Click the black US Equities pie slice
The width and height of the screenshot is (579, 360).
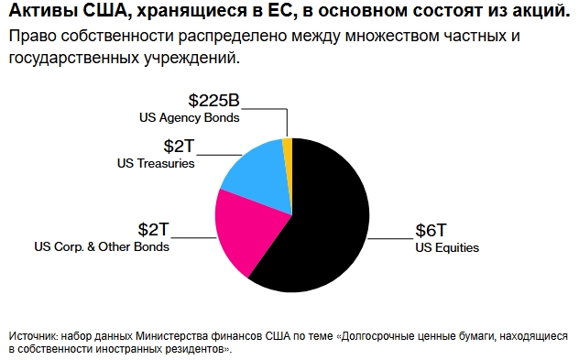click(321, 220)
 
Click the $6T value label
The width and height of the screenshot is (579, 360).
click(432, 231)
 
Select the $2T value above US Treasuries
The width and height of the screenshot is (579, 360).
click(179, 147)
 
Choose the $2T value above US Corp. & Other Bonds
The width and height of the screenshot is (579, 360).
click(154, 229)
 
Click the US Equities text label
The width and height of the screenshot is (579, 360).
click(447, 247)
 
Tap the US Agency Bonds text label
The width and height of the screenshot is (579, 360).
click(190, 117)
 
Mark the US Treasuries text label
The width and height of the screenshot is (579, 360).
click(156, 163)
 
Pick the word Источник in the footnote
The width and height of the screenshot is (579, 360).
click(33, 336)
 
